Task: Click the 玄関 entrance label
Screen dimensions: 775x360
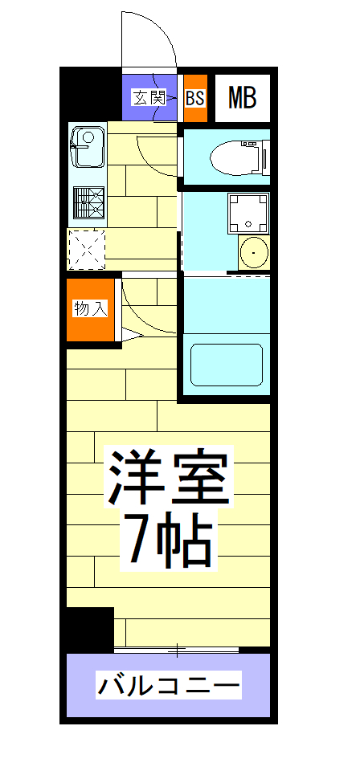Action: pyautogui.click(x=149, y=98)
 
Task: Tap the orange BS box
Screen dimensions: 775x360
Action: pyautogui.click(x=195, y=98)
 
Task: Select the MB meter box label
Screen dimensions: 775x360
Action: pyautogui.click(x=242, y=98)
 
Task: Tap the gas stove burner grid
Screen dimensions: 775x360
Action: pyautogui.click(x=88, y=202)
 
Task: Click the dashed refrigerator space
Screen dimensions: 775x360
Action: pyautogui.click(x=87, y=249)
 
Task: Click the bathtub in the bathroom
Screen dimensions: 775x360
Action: pyautogui.click(x=227, y=365)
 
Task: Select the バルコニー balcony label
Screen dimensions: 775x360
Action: pyautogui.click(x=170, y=687)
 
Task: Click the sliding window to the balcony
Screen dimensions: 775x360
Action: pyautogui.click(x=177, y=647)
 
